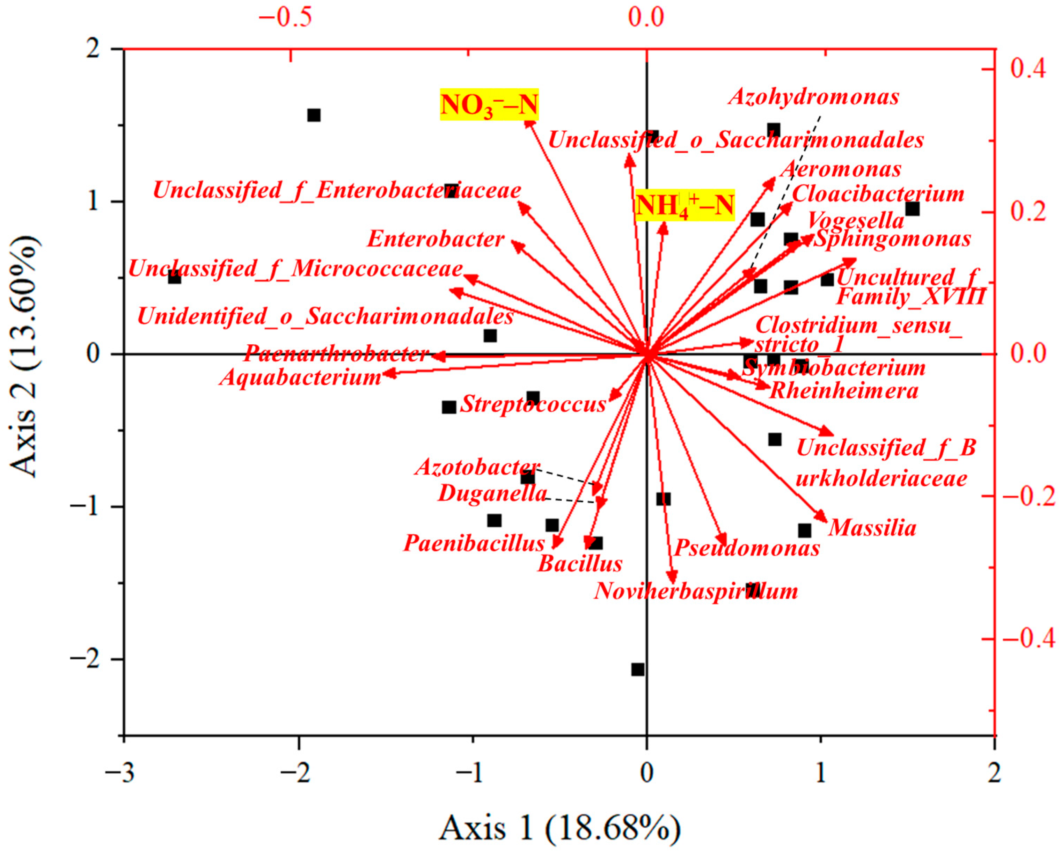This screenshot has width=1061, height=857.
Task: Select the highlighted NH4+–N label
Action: pos(684,205)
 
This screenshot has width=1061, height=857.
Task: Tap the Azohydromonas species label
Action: pos(814,96)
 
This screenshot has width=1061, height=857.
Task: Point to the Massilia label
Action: pos(872,528)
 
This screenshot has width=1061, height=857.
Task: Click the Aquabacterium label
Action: pos(301,378)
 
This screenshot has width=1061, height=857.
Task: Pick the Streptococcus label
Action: pos(532,404)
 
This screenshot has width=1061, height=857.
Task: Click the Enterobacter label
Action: pos(436,240)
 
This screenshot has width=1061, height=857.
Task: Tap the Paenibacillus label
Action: pos(474,543)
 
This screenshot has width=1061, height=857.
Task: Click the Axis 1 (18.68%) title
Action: pos(559,827)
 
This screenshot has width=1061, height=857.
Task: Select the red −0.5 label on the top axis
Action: pos(285,17)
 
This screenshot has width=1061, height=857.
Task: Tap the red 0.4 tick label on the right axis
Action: pos(1027,68)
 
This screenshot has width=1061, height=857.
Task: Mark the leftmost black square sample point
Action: pos(174,277)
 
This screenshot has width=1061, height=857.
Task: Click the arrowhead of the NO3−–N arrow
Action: pos(529,123)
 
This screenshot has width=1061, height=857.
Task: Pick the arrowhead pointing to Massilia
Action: pos(822,517)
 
